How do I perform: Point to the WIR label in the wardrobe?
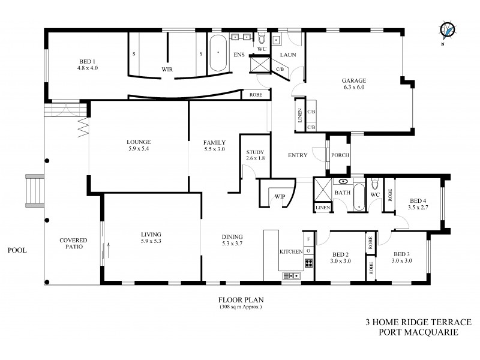167,69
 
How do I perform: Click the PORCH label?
341,155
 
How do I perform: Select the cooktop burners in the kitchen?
308,262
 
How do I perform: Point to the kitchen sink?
291,275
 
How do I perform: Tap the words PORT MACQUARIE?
419,331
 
